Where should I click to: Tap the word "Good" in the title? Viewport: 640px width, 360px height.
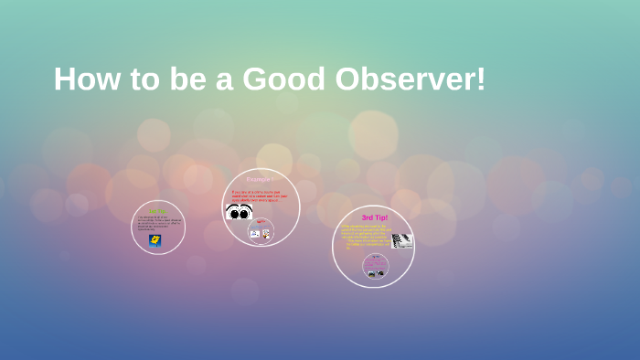[281, 79]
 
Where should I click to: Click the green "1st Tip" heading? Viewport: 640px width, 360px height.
[157, 211]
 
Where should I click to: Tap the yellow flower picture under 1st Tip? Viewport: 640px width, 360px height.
[155, 240]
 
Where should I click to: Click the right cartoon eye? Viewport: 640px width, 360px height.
[246, 212]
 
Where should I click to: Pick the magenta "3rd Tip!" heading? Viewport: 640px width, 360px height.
[374, 217]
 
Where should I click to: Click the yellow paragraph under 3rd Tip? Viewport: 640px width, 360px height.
[364, 237]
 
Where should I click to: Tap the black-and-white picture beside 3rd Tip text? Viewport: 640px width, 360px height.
[402, 240]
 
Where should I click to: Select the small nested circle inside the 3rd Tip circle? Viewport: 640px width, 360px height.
[375, 266]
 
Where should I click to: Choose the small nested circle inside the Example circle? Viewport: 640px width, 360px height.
[261, 230]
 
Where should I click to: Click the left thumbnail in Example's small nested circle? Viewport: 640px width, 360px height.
[255, 233]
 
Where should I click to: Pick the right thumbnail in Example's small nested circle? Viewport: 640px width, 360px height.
[266, 233]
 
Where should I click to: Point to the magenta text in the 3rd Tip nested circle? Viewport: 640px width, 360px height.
[375, 259]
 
